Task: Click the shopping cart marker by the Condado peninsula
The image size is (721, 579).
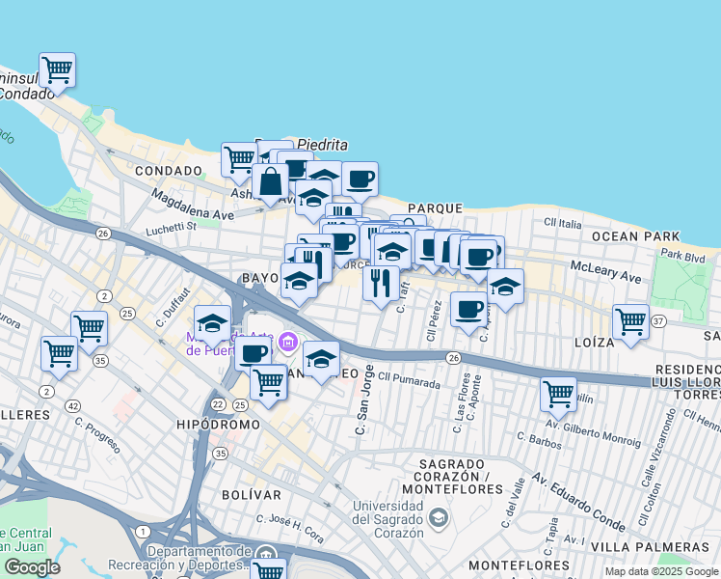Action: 58,69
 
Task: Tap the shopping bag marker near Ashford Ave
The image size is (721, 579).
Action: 271,180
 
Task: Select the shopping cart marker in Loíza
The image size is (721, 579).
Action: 630,319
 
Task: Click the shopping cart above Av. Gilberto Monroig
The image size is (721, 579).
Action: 558,393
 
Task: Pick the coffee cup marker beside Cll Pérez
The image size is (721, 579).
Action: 469,309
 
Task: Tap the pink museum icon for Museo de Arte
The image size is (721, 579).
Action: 287,342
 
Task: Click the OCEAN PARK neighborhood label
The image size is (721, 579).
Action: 636,236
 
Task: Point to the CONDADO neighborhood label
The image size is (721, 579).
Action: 169,171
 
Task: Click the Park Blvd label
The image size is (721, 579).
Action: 683,255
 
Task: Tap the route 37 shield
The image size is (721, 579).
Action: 659,320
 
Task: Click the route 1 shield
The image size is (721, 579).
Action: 143,532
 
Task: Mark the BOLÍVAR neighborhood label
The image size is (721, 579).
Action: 256,495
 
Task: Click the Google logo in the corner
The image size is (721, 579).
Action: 32,567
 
